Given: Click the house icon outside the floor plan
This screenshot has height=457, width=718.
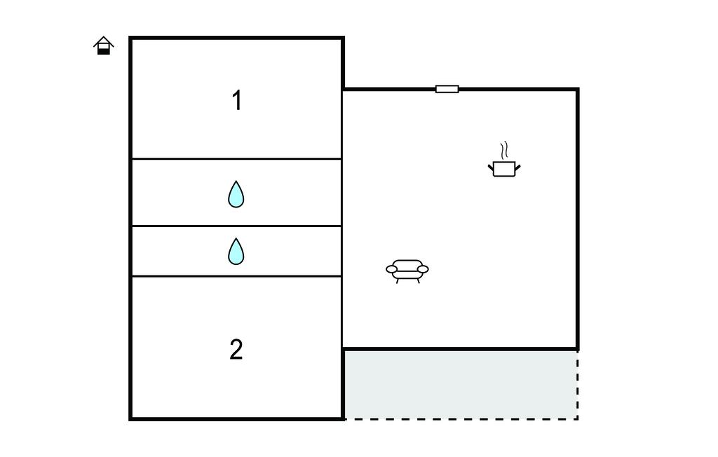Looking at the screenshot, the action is pyautogui.click(x=104, y=46).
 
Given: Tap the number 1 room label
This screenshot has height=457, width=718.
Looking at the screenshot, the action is pyautogui.click(x=237, y=100).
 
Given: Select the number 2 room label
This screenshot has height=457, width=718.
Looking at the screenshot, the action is pyautogui.click(x=236, y=349).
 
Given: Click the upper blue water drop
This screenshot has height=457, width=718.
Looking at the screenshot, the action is pyautogui.click(x=236, y=194).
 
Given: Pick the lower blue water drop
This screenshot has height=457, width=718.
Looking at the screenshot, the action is pyautogui.click(x=236, y=252).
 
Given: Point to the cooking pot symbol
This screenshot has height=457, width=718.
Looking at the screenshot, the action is pyautogui.click(x=504, y=168).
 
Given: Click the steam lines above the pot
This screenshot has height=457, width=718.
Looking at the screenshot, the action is pyautogui.click(x=504, y=150).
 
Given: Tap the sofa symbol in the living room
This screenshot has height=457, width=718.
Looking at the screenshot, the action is pyautogui.click(x=407, y=271).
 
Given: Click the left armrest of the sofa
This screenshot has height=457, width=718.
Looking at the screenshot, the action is pyautogui.click(x=391, y=269).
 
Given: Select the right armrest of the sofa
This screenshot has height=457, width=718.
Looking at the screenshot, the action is pyautogui.click(x=423, y=269).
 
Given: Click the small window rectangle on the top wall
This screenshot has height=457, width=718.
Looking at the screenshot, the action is pyautogui.click(x=447, y=89).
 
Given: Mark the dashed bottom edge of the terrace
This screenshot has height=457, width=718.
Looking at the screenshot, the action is pyautogui.click(x=461, y=418).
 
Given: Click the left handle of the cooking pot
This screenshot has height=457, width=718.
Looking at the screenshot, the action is pyautogui.click(x=491, y=168).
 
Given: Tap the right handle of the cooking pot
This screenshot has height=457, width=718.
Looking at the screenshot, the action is pyautogui.click(x=517, y=168).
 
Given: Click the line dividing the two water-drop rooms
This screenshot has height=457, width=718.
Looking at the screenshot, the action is pyautogui.click(x=236, y=226).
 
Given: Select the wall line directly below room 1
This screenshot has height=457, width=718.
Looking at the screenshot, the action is pyautogui.click(x=236, y=159).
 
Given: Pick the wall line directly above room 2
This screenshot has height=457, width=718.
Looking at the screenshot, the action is pyautogui.click(x=236, y=276).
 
